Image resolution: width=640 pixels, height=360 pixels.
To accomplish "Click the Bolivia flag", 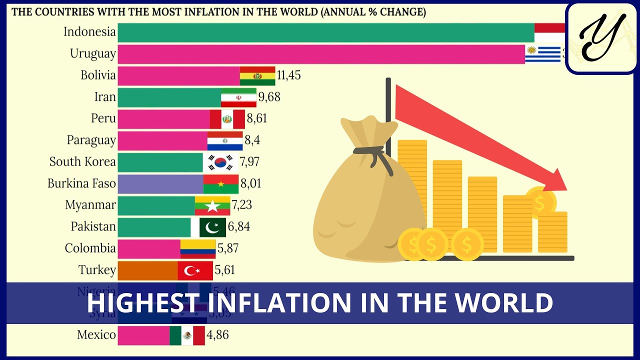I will point(257,76).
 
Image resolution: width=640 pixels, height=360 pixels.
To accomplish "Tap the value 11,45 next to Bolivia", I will point(288,75).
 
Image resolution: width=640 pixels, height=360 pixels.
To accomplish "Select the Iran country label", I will point(105,97).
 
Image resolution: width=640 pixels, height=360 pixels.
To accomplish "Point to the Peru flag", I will point(227,119).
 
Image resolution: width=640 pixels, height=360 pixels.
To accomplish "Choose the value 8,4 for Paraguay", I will point(252,140).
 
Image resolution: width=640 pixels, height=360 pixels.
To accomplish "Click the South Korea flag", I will point(220,162).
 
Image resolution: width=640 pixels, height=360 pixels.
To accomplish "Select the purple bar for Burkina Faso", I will point(160,184).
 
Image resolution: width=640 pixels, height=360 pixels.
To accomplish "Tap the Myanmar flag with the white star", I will point(212,205).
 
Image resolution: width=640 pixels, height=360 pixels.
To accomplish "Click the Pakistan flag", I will point(212,227).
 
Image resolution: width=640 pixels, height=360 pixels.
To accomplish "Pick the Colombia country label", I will point(90,248).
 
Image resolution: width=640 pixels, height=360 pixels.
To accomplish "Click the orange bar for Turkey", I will point(147,270).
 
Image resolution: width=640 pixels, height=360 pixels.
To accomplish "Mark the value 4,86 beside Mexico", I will point(217,335).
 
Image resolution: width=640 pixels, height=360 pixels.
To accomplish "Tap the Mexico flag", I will point(187,335).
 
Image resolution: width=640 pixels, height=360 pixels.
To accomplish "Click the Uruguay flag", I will point(543,54).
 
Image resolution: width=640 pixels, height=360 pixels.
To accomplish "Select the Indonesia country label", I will point(90,32).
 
